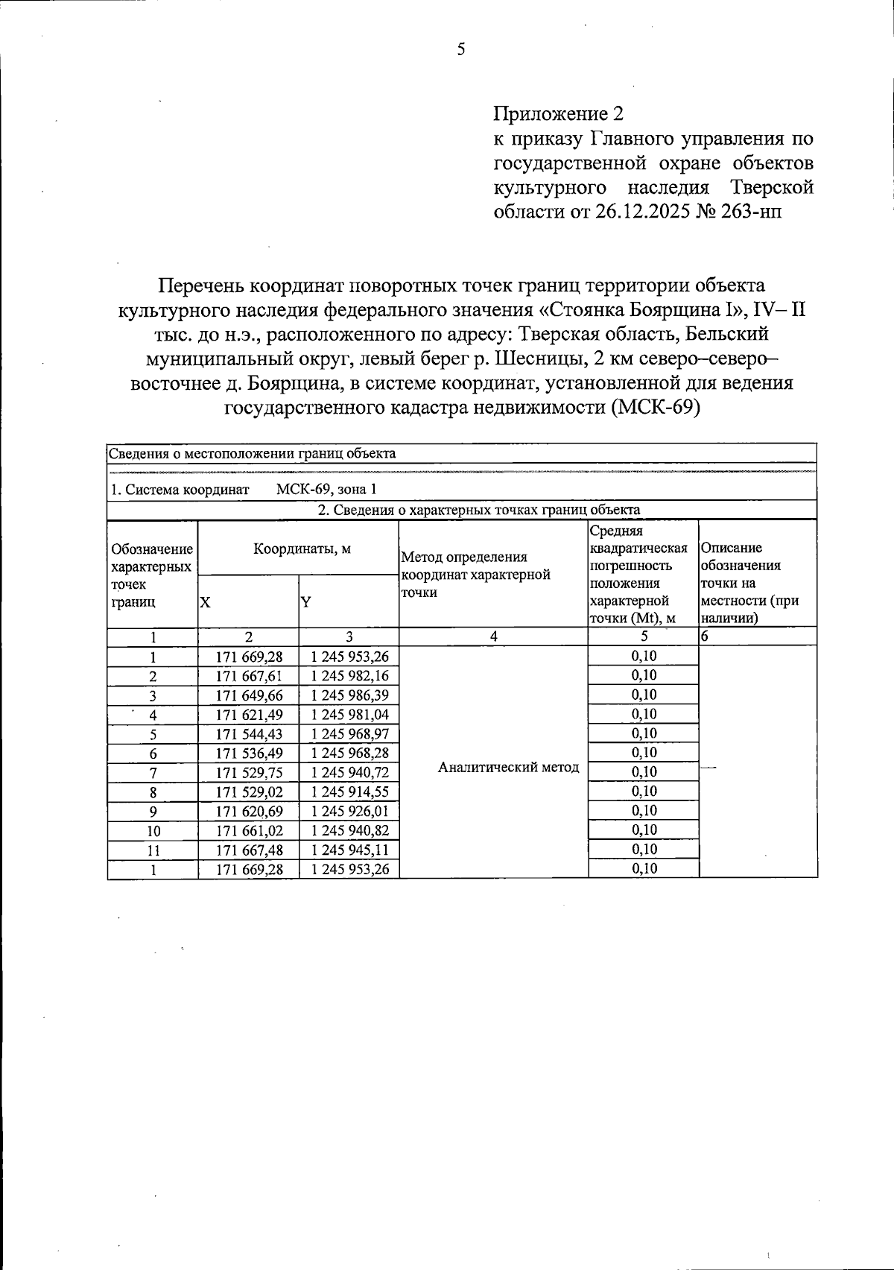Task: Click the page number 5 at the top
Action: (x=461, y=50)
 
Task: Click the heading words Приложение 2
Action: (x=557, y=114)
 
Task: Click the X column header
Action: (x=205, y=601)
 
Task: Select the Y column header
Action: (x=305, y=601)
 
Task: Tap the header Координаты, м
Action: (x=302, y=549)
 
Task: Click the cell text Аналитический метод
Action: (x=508, y=768)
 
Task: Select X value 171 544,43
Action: (x=249, y=734)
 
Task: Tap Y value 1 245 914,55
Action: (x=349, y=792)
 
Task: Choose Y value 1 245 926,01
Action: (x=349, y=812)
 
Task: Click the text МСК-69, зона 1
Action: (x=326, y=490)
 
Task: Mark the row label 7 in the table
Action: (x=153, y=773)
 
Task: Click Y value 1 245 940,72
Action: (x=349, y=773)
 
